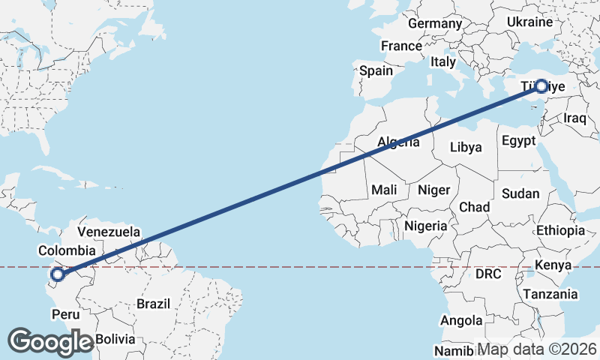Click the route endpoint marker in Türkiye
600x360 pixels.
pos(541,85)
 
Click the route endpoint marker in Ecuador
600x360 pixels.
pos(57,274)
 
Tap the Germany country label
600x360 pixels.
pos(435,23)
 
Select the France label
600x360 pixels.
pos(401,46)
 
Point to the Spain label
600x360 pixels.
pos(376,70)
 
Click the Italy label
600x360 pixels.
pos(443,62)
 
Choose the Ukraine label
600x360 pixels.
pos(529,22)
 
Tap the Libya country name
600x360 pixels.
pos(466,147)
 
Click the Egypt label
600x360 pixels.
pos(518,140)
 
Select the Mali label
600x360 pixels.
pos(384,190)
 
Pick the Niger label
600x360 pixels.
pos(433,190)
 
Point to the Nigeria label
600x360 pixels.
pos(425,225)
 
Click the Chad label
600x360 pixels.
pos(474,206)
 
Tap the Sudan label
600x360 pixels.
pos(520,193)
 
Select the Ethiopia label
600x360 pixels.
pos(560,230)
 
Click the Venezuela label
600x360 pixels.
pos(109,232)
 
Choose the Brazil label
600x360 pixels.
pos(153,304)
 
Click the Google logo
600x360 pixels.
pos(51,342)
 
